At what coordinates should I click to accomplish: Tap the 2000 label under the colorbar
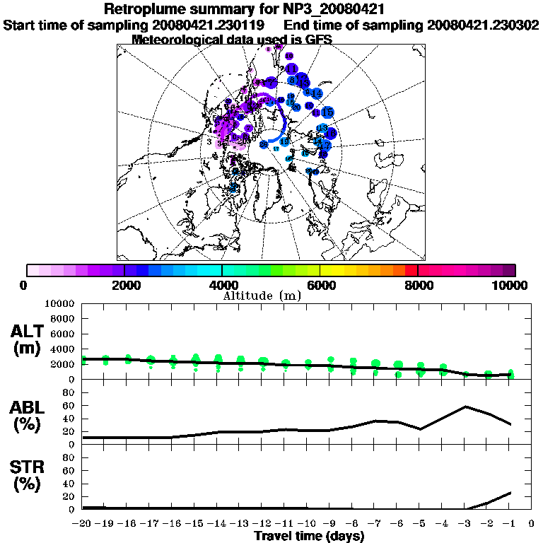click(x=124, y=285)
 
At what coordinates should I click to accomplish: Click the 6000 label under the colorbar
click(x=320, y=285)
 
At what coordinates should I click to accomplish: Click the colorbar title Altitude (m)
click(x=262, y=296)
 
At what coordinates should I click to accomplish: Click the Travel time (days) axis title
click(x=309, y=537)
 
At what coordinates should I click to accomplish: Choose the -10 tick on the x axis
click(x=305, y=524)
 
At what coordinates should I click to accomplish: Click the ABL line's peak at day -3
click(x=465, y=407)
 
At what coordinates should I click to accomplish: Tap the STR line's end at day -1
click(x=510, y=493)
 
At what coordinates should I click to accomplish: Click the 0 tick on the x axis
click(x=532, y=524)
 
